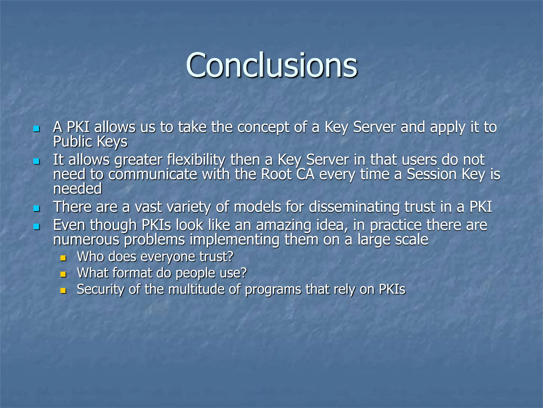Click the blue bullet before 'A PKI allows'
(37, 129)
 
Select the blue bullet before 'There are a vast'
(37, 209)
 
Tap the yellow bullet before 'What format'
(63, 274)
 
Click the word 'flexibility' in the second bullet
(196, 160)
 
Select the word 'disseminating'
(354, 207)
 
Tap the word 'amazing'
(283, 226)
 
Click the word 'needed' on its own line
(77, 189)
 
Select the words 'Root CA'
(288, 175)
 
